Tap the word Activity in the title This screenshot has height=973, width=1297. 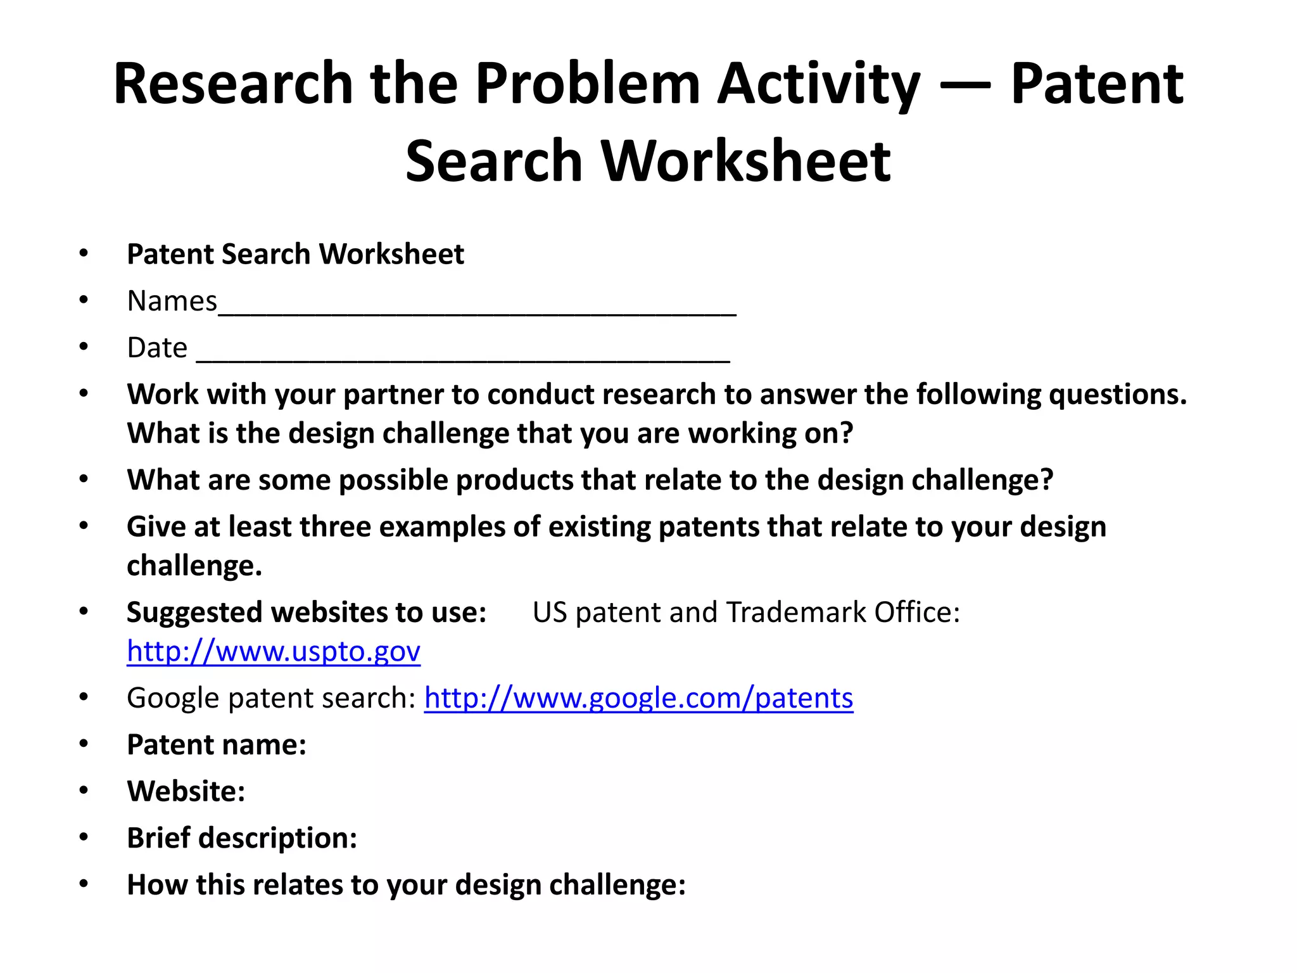point(818,84)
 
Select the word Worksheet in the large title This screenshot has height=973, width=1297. point(745,161)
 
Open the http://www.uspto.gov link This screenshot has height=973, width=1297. point(274,651)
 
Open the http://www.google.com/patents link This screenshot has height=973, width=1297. point(638,698)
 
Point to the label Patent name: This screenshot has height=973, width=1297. point(217,745)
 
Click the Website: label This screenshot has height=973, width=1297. point(186,791)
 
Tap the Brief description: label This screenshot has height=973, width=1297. point(242,838)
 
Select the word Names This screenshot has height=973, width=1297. point(172,301)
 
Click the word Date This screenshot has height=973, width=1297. point(157,348)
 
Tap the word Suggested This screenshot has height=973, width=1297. point(194,613)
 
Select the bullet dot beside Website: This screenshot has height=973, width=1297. point(84,791)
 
